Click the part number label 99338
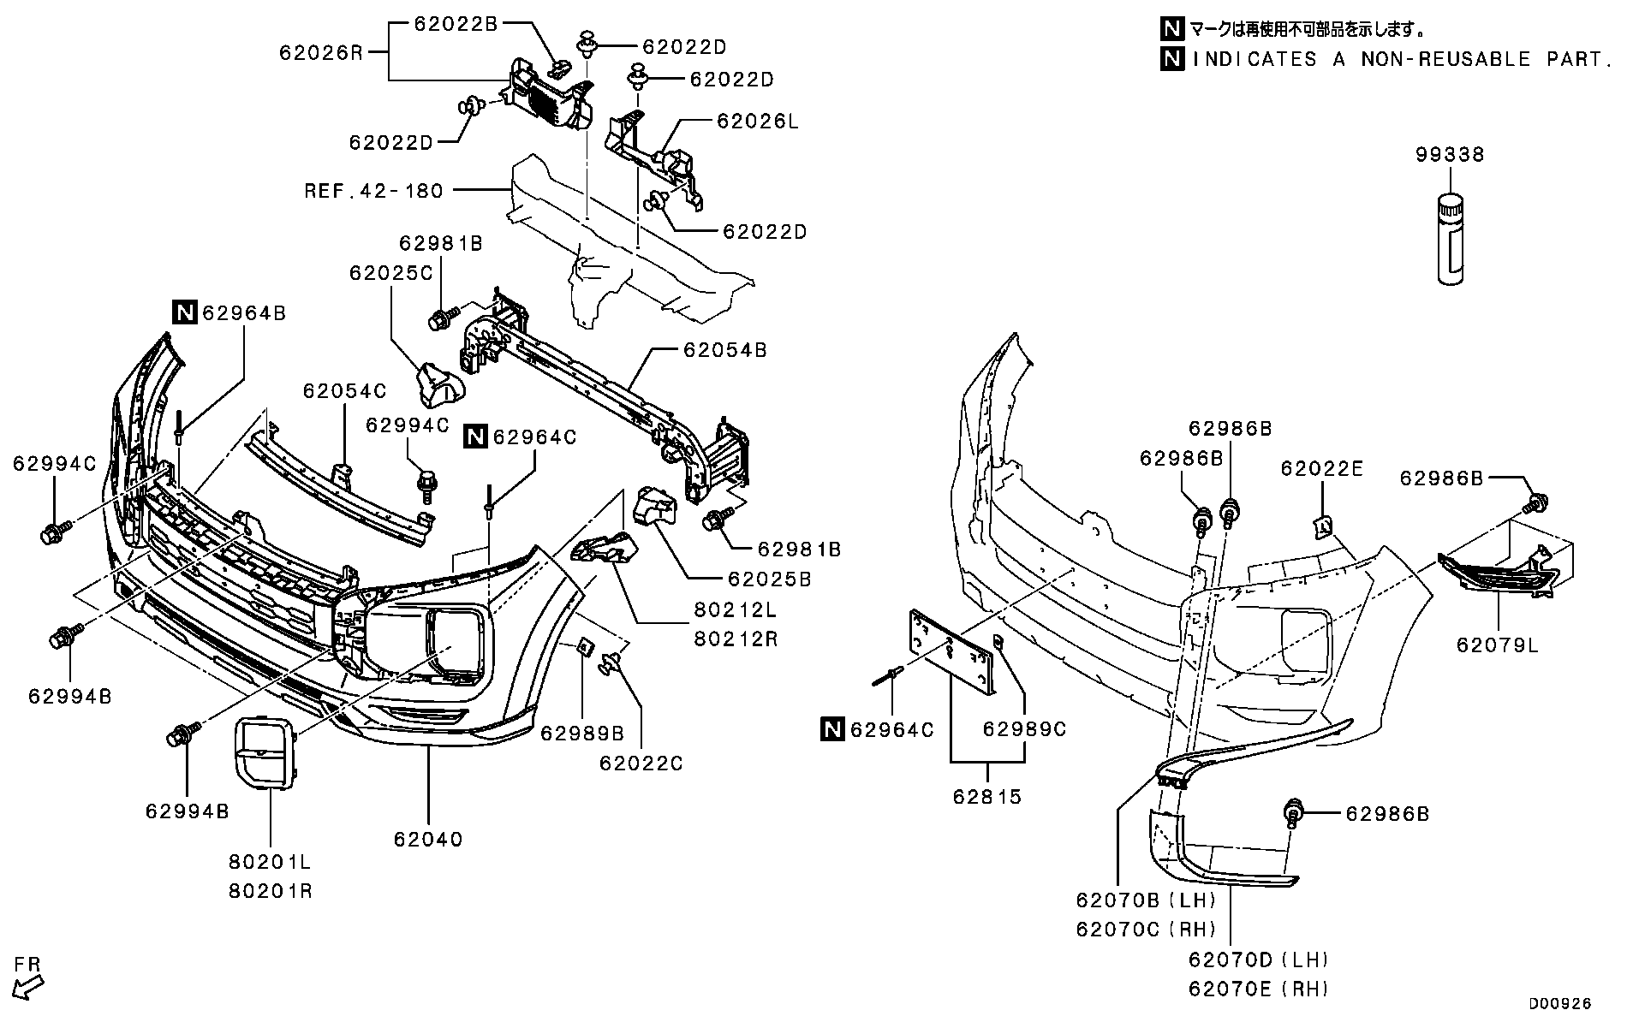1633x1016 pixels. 1449,155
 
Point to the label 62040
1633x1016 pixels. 428,840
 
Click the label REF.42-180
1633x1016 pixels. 374,190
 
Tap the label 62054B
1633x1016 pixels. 724,350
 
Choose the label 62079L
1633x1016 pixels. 1497,645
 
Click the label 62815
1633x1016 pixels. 987,797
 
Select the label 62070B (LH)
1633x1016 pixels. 1146,900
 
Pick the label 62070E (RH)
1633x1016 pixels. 1258,989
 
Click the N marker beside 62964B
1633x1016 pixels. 185,313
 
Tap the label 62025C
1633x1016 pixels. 390,273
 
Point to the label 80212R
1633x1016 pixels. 736,639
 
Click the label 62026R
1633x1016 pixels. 321,53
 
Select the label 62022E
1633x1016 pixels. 1321,468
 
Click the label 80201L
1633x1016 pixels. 270,862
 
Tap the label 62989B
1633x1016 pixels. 582,733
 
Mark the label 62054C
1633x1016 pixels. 344,391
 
